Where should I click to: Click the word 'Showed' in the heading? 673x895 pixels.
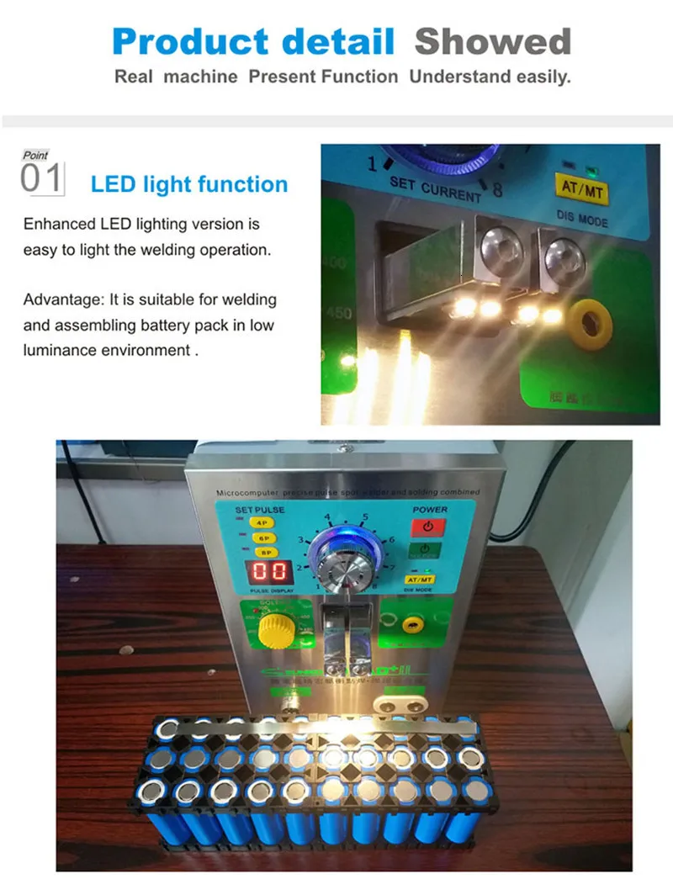[493, 40]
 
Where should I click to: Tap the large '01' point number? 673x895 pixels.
[41, 180]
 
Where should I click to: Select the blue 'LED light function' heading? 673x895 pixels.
[189, 184]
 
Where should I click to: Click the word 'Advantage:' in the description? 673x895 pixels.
[58, 299]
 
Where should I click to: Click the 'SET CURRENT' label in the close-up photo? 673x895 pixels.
[434, 189]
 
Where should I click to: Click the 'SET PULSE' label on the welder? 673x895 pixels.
[259, 510]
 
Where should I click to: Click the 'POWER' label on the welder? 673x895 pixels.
[429, 510]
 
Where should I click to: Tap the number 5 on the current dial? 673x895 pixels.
[364, 517]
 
